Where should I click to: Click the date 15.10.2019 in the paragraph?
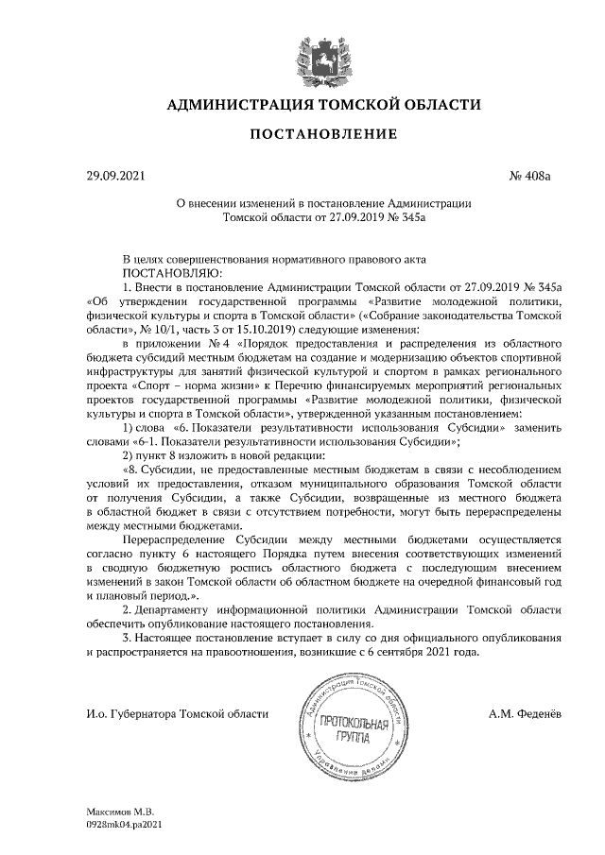263,328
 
